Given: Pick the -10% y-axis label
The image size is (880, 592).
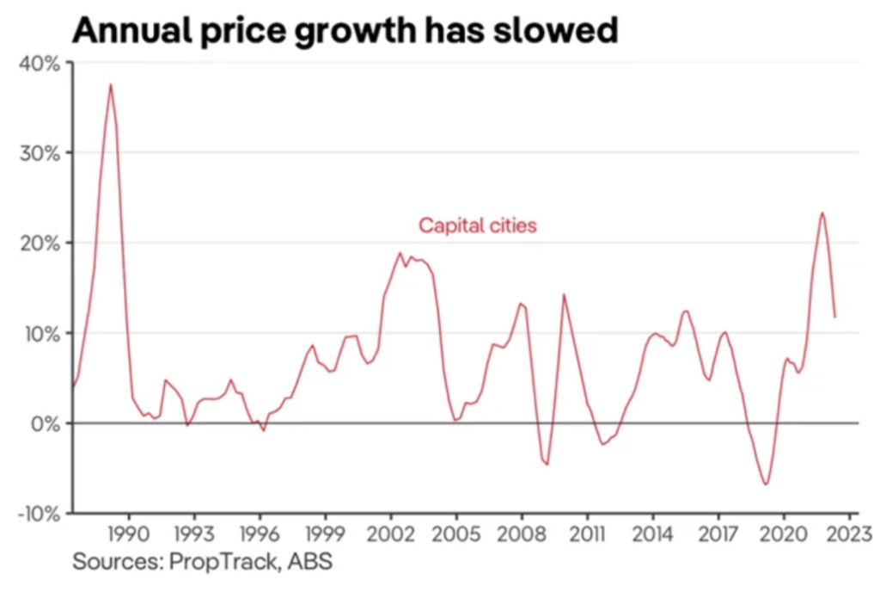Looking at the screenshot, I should coord(38,514).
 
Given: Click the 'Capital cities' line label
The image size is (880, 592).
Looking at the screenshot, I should coord(477,226).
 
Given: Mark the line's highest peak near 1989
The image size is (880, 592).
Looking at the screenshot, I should coord(110,84).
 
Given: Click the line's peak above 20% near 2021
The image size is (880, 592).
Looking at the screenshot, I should coord(822,213).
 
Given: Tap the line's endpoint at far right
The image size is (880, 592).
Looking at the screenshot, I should coord(834,318).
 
